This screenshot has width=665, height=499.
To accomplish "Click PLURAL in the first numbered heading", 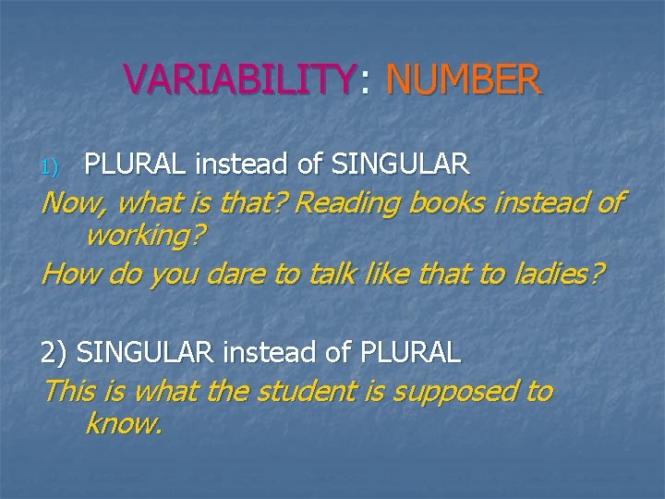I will click(x=136, y=165).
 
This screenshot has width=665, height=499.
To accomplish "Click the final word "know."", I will click(x=123, y=425).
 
